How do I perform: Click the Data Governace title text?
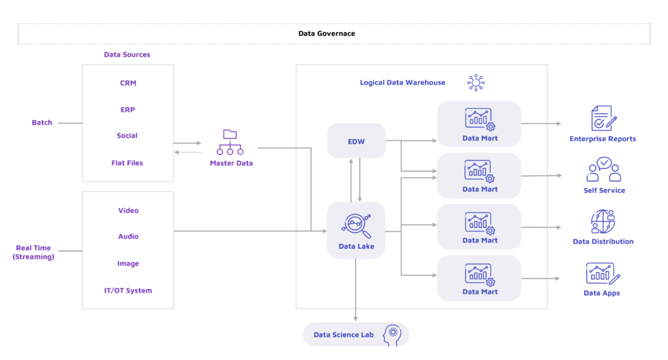(x=327, y=33)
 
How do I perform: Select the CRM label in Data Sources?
(x=128, y=83)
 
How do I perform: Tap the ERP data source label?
(x=128, y=110)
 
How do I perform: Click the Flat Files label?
(x=127, y=163)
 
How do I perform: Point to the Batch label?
(x=42, y=123)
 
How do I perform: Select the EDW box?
(x=356, y=140)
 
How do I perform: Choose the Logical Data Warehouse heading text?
(x=402, y=83)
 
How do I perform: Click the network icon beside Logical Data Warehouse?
(x=476, y=83)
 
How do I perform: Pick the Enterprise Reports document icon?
(x=602, y=119)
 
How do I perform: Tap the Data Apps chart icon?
(x=602, y=273)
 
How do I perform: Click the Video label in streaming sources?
(x=129, y=211)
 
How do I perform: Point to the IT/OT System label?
(x=128, y=290)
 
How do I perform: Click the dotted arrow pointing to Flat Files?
(x=190, y=153)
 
